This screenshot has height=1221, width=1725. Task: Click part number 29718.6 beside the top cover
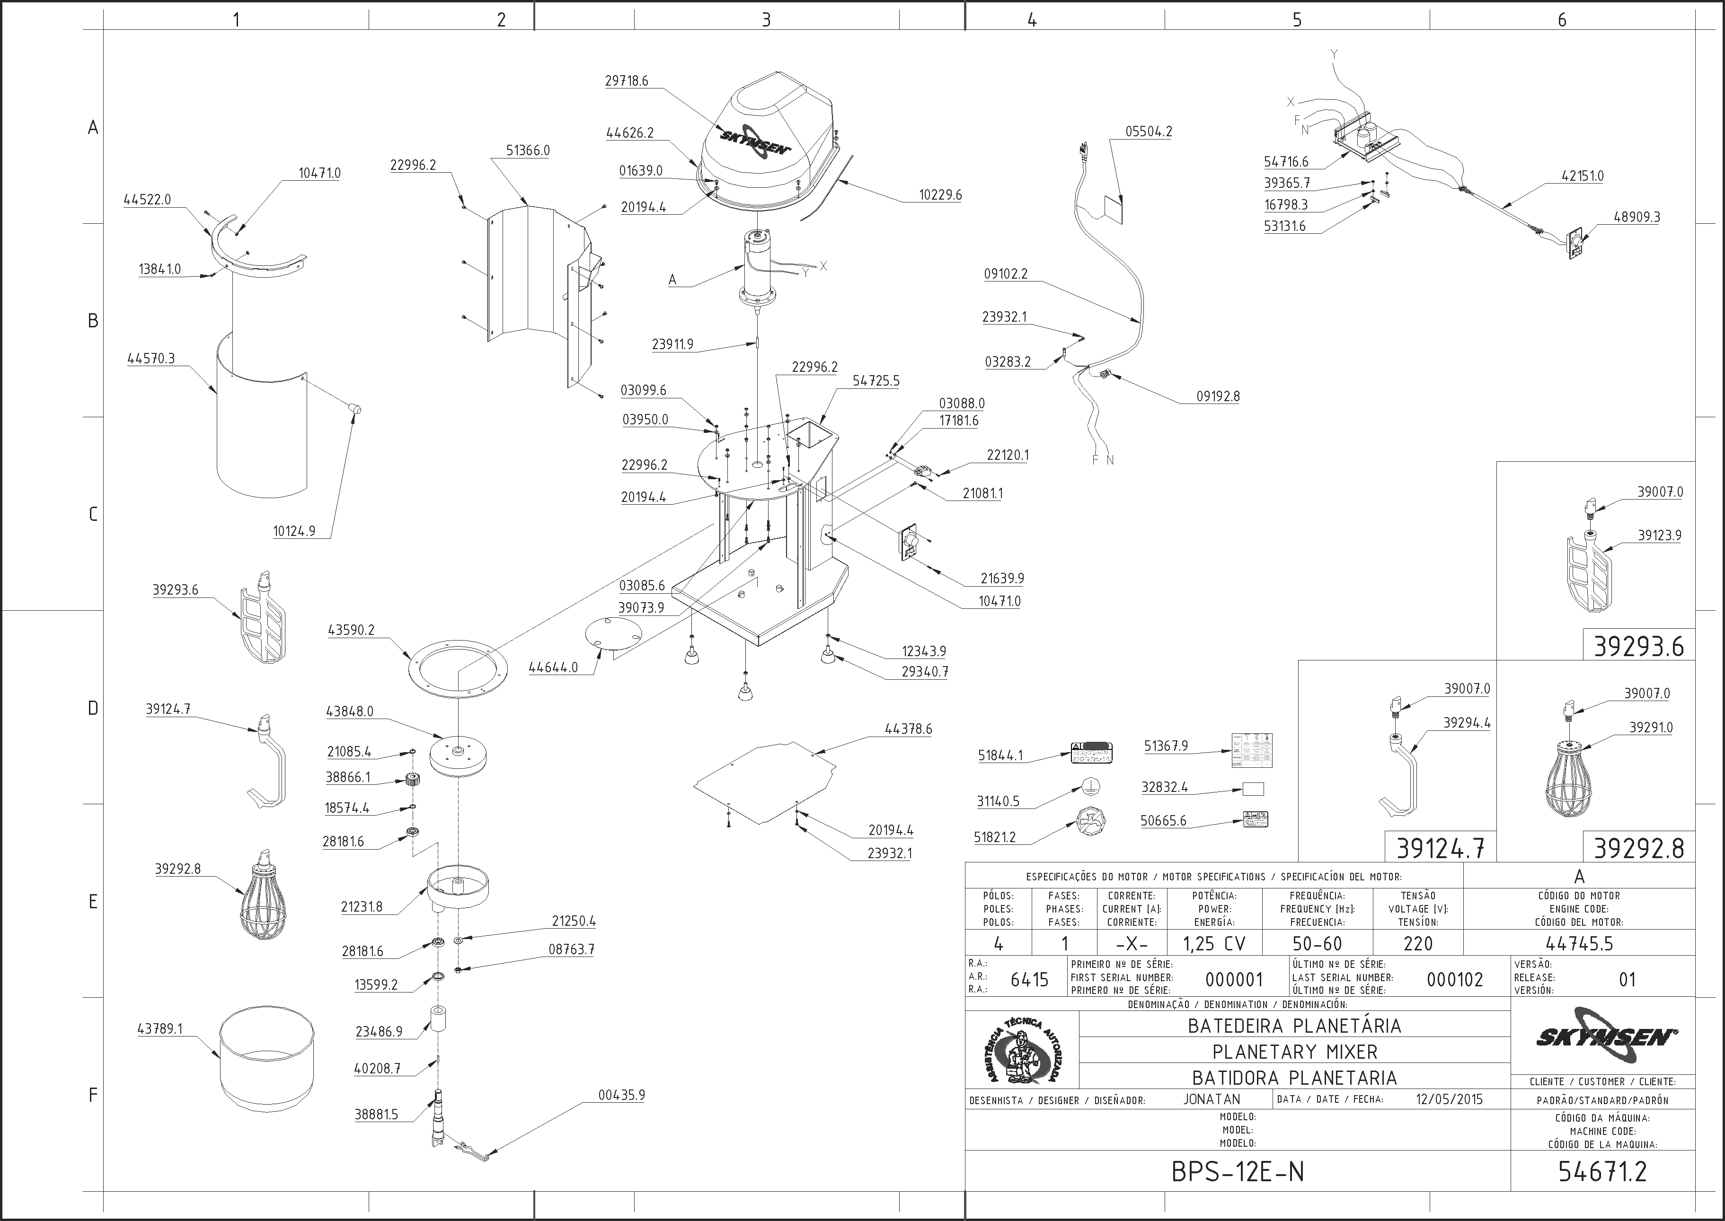(x=627, y=80)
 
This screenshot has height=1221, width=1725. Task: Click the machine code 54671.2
(x=1602, y=1171)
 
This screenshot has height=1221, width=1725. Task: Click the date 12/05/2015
(x=1449, y=1099)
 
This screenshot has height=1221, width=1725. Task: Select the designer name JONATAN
(x=1212, y=1099)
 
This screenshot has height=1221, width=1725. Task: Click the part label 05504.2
(x=1149, y=132)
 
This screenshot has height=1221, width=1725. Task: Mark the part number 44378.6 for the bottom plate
(x=908, y=729)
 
